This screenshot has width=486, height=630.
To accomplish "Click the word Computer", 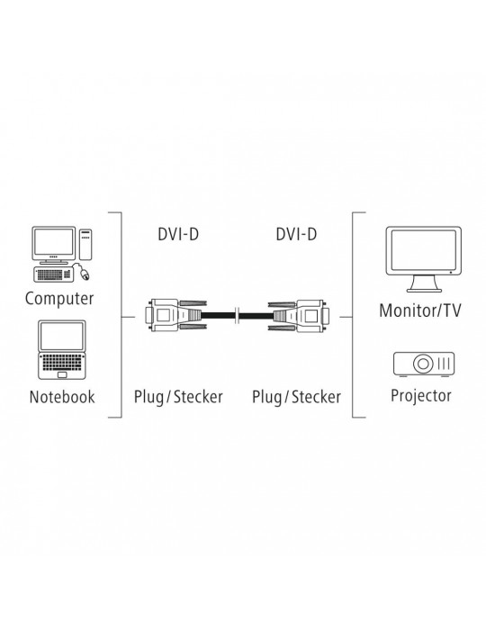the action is pos(59,299).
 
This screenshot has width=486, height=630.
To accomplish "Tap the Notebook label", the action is pos(62,397).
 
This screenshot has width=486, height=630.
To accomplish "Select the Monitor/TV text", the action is pos(420,310).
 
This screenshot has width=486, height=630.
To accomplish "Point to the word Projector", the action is pos(420,396).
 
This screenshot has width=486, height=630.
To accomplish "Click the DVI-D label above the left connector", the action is pos(178,234).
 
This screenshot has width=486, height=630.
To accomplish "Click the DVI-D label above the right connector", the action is pos(296,234).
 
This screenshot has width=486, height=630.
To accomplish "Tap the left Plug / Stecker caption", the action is pos(178,397).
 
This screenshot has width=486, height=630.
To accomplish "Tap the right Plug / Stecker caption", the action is pos(296,397).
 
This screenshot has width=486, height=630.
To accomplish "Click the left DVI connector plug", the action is pos(175,315).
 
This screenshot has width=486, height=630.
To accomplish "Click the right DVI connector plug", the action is pos(299,315).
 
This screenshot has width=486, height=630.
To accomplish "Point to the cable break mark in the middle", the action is pos(238,315).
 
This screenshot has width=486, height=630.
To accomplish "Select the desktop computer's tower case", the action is pos(85,244).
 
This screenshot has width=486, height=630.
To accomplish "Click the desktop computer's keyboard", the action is pos(53,274).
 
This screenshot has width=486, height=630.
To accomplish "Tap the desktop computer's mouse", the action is pos(85,274).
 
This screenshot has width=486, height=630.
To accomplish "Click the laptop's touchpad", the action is pos(62,375).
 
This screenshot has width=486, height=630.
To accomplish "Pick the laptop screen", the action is pos(61,336).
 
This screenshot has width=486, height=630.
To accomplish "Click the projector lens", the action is pos(422,364).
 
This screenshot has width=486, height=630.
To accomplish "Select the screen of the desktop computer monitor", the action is pos(53,242).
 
